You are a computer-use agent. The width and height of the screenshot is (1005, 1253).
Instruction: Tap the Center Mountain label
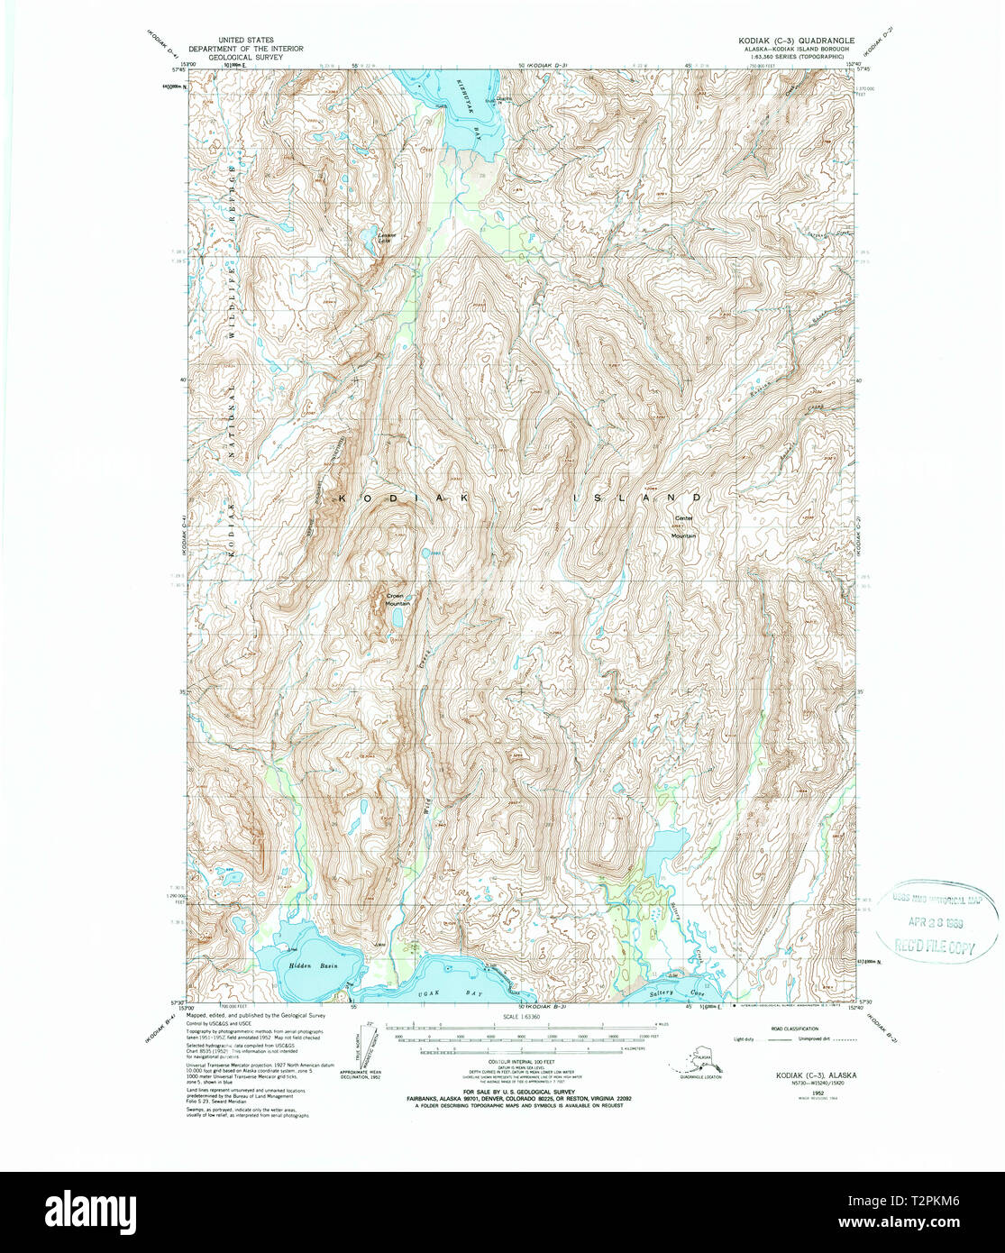point(684,527)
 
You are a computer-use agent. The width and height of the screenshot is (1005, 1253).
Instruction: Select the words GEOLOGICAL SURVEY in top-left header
point(246,56)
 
